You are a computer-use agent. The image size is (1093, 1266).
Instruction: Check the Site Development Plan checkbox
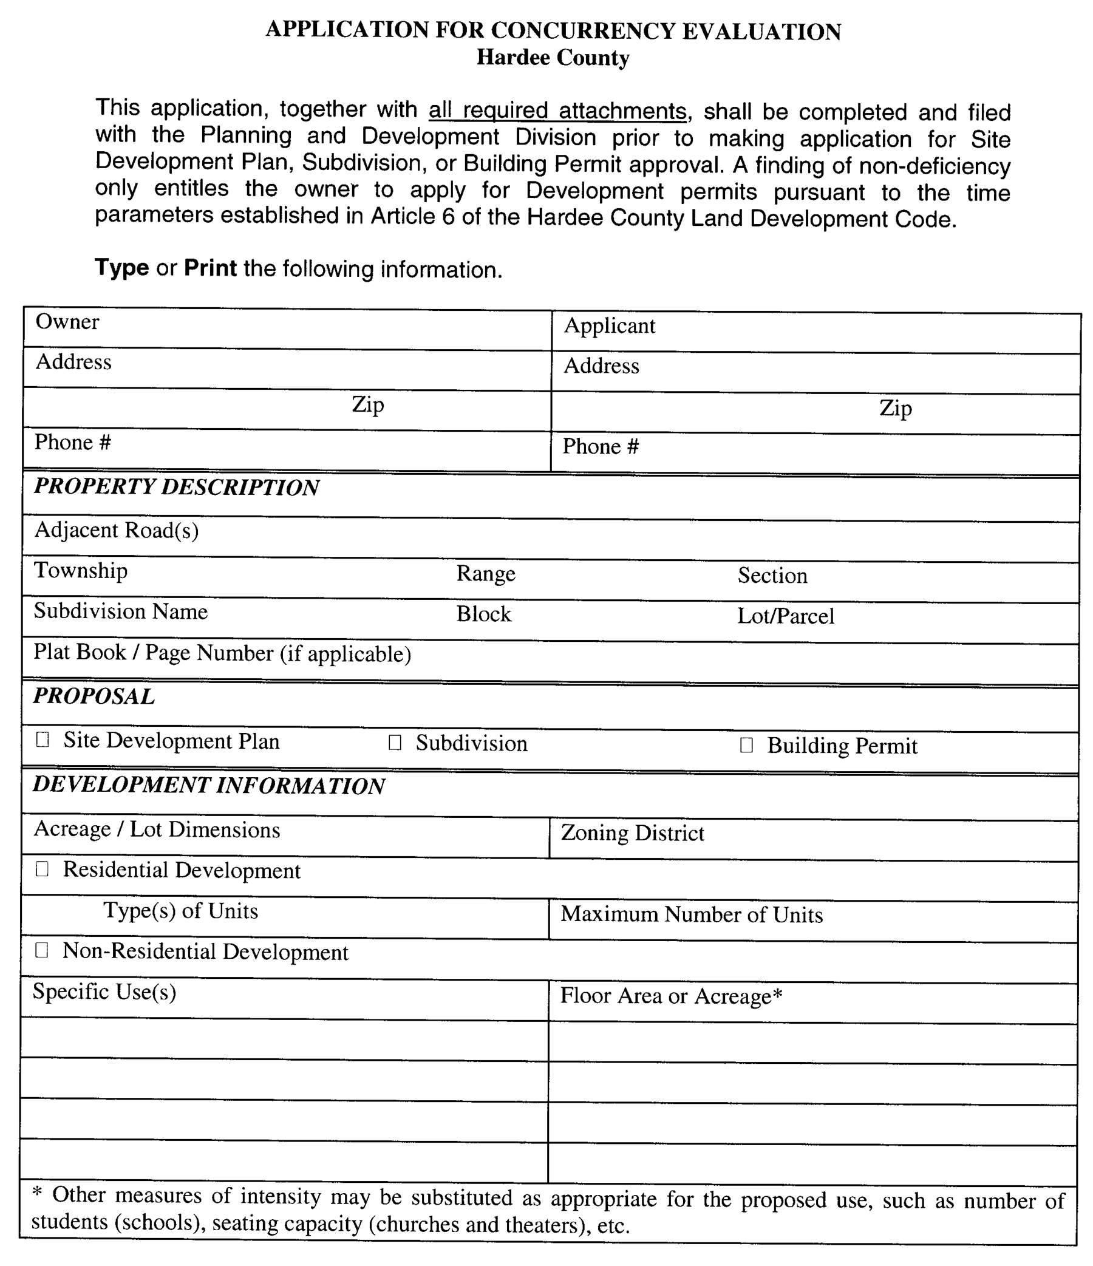[43, 740]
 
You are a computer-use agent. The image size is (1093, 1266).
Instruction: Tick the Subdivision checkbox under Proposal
[395, 743]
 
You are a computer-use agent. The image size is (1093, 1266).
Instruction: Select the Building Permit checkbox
[746, 745]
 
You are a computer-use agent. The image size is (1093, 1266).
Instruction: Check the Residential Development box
[42, 869]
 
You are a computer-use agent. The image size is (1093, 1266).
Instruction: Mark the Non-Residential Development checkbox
[41, 950]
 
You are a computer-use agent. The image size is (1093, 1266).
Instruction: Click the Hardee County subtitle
[553, 58]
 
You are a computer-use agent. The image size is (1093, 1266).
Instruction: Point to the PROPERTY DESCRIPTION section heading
[177, 487]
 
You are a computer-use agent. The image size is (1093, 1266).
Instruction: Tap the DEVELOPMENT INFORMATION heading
[209, 785]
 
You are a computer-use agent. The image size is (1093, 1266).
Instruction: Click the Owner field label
[67, 322]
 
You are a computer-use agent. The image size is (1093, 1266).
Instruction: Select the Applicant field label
[609, 325]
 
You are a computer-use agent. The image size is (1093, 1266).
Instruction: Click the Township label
[81, 570]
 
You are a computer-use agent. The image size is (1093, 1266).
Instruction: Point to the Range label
[486, 574]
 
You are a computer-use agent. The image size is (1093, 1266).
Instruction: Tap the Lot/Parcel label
[786, 616]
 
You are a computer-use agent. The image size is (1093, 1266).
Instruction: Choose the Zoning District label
[632, 834]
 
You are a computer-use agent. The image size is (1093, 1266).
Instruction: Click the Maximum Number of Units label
[692, 914]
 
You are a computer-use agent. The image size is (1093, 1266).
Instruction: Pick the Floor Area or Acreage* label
[671, 996]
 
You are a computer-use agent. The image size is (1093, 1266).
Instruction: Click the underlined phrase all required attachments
[557, 111]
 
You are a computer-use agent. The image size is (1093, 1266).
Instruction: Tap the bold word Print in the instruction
[210, 268]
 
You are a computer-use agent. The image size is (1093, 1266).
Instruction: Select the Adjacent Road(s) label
[117, 530]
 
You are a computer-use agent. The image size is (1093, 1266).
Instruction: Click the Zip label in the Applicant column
[896, 407]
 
